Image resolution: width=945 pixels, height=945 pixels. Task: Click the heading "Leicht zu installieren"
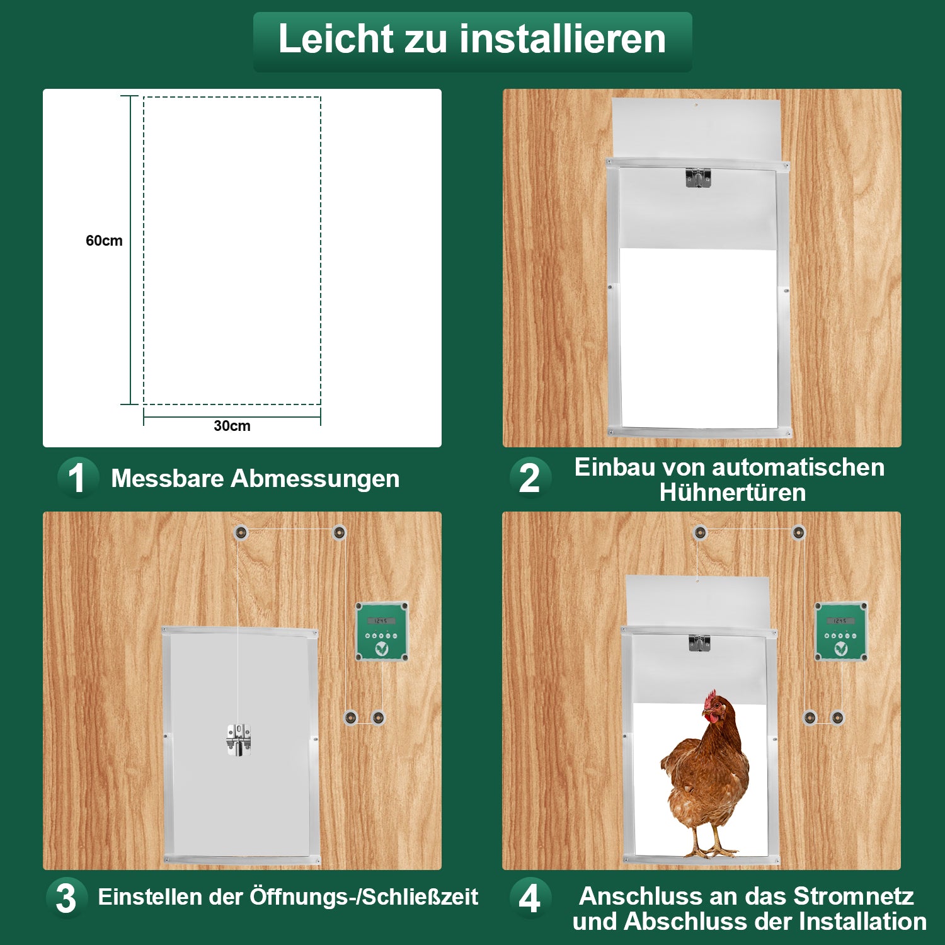point(472,39)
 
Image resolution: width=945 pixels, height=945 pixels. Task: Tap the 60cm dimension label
point(104,241)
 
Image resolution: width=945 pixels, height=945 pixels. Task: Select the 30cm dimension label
point(232,426)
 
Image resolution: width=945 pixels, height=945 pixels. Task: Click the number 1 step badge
point(77,478)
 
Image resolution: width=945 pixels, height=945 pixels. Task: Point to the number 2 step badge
point(530,478)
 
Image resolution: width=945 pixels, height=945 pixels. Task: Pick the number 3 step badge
point(66,898)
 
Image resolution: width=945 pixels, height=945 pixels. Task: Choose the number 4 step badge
point(530,898)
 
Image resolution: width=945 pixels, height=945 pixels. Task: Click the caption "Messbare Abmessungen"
point(255,479)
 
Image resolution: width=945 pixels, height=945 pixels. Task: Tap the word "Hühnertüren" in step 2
point(733,493)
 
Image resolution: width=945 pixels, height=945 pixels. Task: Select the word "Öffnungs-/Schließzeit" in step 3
point(364,897)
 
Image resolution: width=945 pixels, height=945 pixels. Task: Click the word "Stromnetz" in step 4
point(853,896)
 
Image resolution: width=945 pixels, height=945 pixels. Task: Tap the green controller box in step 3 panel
point(382,631)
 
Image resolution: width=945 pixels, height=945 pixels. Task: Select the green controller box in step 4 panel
point(841,631)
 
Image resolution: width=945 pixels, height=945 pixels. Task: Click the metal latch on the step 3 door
point(239,740)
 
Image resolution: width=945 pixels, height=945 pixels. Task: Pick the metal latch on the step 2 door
point(698,178)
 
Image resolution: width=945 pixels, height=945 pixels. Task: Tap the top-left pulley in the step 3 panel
point(240,533)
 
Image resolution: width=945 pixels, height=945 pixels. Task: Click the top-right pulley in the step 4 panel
point(798,533)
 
